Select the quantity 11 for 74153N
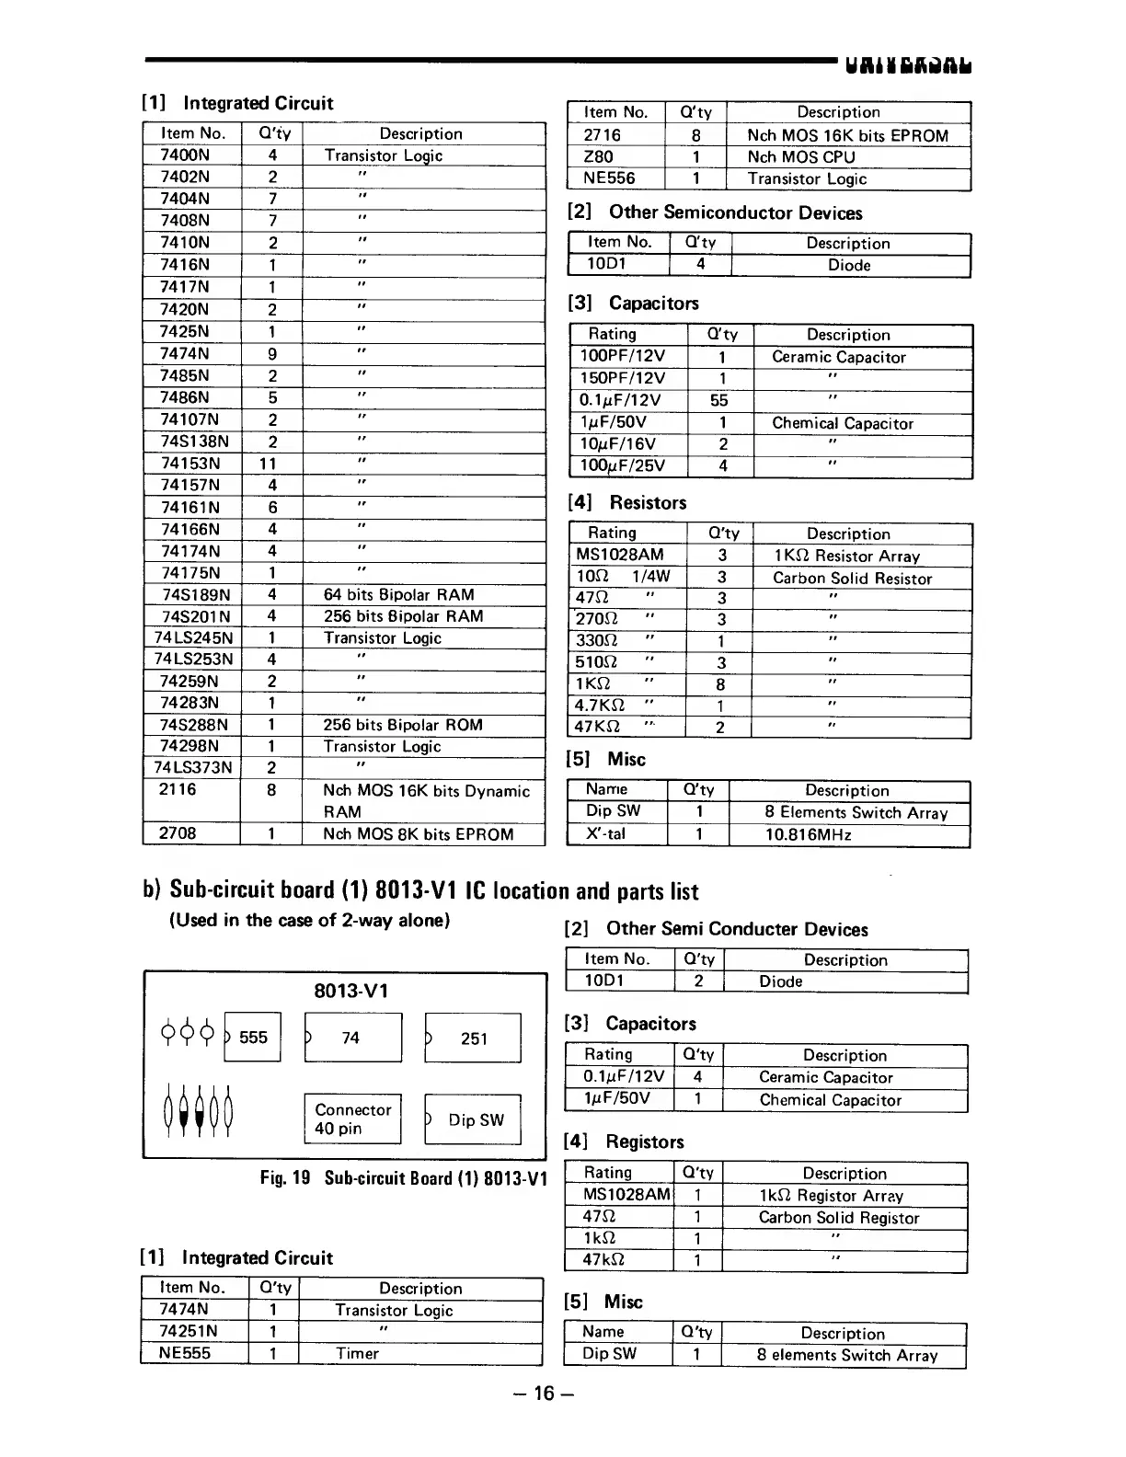pos(268,464)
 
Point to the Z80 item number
pos(598,156)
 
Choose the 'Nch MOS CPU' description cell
pos(800,156)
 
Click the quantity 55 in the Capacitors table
pos(719,400)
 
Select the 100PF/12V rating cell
pos(623,357)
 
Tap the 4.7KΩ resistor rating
pos(600,706)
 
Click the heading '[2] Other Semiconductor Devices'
pos(716,212)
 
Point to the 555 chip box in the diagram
pos(252,1038)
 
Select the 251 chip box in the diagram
pos(473,1038)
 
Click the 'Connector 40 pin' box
pos(352,1119)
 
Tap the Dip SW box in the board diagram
pos(474,1119)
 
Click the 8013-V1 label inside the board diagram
pos(350,991)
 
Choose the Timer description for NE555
pos(357,1353)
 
